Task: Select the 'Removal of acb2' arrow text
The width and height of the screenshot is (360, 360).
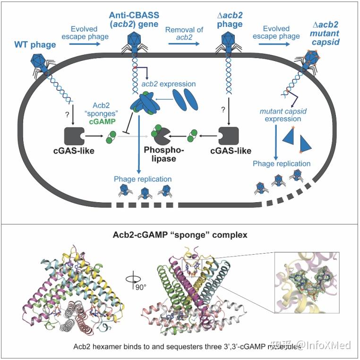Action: point(184,33)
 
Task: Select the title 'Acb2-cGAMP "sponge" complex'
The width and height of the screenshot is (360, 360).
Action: point(179,234)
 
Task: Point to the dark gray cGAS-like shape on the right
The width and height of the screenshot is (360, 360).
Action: point(231,135)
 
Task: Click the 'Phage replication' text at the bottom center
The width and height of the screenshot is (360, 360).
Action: point(142,179)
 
